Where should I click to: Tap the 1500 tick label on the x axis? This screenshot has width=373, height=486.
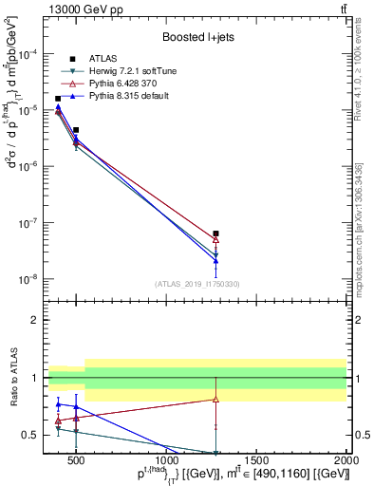(x=258, y=462)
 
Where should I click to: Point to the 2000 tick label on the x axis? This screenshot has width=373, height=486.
(x=345, y=462)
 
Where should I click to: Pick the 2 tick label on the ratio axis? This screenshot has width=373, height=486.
(x=35, y=320)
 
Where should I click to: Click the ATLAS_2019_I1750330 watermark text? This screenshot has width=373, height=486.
(x=197, y=284)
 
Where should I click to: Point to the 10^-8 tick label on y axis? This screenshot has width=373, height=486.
(x=28, y=279)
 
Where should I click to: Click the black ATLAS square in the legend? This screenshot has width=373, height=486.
(x=84, y=59)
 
